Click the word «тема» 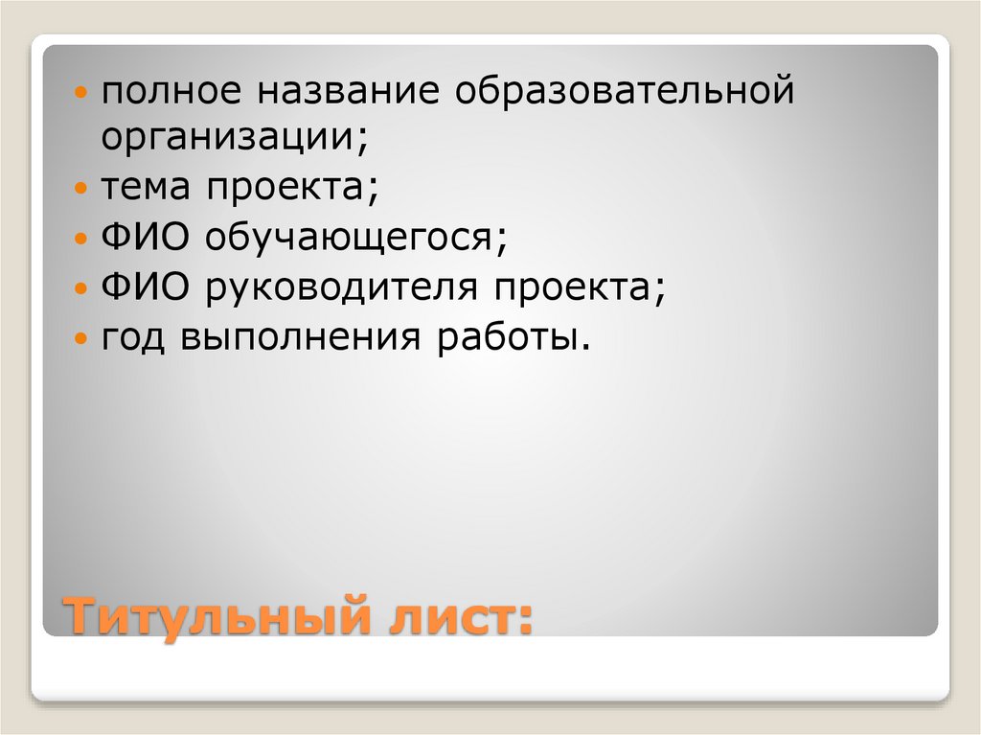click(145, 187)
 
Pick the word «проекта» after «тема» click(285, 187)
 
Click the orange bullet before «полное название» click(82, 97)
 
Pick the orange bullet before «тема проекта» click(82, 189)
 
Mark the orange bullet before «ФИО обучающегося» click(82, 239)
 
